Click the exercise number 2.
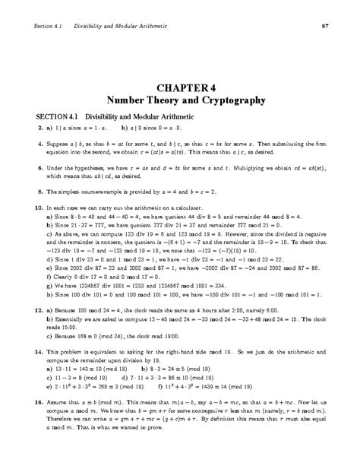[36, 128]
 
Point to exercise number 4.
[36, 142]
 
